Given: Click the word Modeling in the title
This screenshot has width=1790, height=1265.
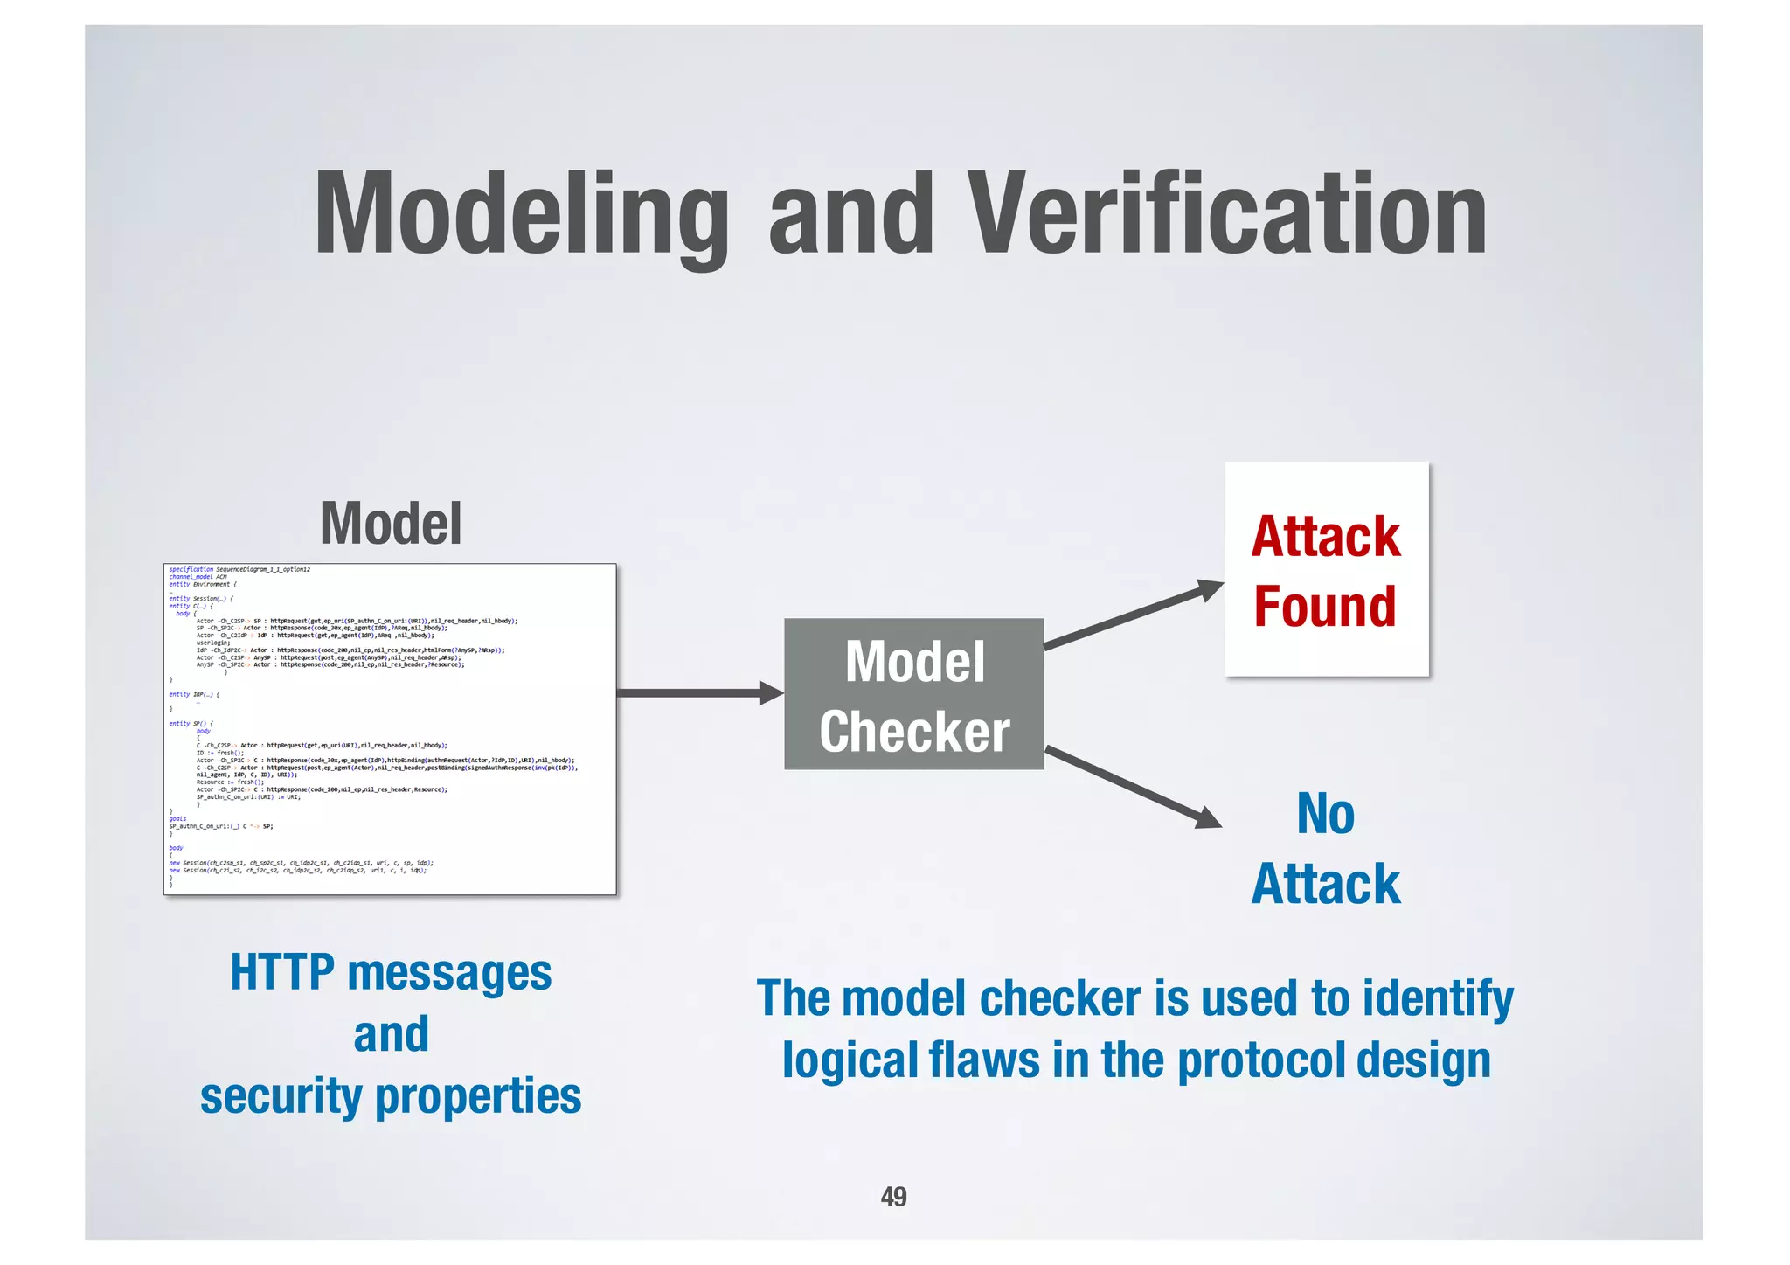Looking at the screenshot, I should [x=521, y=214].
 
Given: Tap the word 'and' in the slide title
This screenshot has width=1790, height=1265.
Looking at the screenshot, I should [x=851, y=214].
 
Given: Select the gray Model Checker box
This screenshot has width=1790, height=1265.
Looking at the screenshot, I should [x=913, y=694].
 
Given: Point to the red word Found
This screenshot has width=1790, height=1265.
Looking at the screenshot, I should [x=1325, y=607].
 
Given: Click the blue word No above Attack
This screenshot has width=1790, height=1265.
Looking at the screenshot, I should [x=1325, y=814].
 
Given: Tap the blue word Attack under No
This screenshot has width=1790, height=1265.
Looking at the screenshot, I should [x=1325, y=884].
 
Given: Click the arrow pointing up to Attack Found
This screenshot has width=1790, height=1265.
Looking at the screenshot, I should [x=1134, y=617].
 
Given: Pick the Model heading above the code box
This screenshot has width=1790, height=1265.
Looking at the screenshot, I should [x=391, y=524].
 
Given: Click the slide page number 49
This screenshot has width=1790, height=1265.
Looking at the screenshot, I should [x=893, y=1196].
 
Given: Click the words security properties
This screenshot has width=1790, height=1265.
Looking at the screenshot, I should [x=391, y=1095].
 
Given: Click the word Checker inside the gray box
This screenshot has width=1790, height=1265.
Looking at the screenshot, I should [x=913, y=732].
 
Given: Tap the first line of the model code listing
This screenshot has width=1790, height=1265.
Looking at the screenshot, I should [x=239, y=569].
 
